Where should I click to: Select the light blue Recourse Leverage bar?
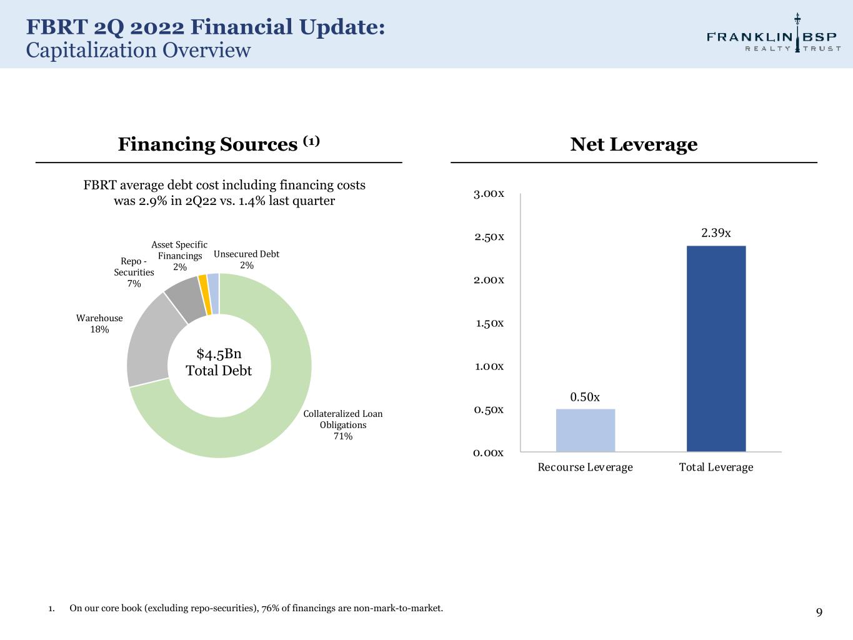(585, 430)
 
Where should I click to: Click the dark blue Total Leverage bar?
(716, 348)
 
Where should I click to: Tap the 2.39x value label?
(716, 233)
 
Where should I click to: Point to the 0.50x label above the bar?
(585, 397)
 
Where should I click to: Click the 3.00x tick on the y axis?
(489, 194)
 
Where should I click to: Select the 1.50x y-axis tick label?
(489, 323)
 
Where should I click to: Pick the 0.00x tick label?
(489, 452)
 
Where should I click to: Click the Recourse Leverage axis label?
(585, 467)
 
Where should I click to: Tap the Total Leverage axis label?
(716, 467)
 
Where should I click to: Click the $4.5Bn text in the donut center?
(219, 354)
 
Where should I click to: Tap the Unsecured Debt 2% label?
(246, 259)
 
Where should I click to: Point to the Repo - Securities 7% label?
(134, 272)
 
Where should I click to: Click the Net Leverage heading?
(634, 144)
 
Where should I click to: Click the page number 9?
(819, 612)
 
